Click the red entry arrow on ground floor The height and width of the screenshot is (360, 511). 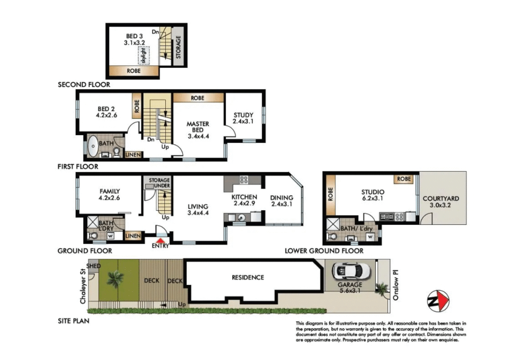click(161, 240)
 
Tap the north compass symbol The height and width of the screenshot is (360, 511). click(438, 301)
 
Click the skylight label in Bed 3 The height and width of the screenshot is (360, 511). click(144, 56)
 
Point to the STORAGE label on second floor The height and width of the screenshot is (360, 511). click(178, 47)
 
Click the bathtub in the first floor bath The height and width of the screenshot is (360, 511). click(93, 146)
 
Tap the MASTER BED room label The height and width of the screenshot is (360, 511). click(198, 127)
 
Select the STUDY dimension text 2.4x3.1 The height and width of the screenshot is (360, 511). click(243, 121)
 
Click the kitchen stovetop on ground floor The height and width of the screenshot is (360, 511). click(244, 180)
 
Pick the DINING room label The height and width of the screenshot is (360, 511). click(282, 198)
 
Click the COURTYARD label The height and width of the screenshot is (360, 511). click(441, 199)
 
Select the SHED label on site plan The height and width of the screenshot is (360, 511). click(93, 266)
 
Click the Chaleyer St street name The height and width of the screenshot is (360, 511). click(83, 286)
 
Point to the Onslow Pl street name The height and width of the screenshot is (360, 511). click(396, 285)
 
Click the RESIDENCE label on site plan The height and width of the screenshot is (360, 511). click(247, 277)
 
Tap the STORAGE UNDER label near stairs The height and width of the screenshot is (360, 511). click(159, 183)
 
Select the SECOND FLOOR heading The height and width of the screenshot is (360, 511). click(84, 85)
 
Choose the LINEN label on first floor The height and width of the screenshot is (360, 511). click(133, 155)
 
